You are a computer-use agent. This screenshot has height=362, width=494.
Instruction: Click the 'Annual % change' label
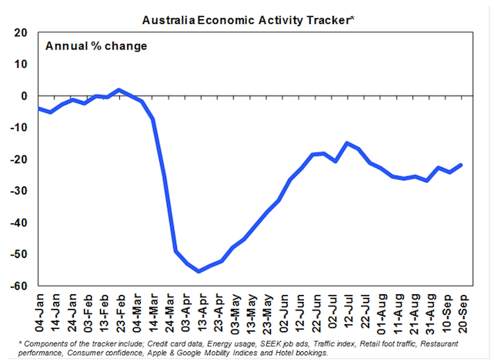(x=96, y=45)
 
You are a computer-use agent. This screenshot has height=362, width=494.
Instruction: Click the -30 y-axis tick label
(x=18, y=191)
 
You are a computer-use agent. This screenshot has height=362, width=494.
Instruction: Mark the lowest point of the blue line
(x=199, y=271)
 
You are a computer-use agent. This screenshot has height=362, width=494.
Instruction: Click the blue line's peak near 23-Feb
(x=118, y=90)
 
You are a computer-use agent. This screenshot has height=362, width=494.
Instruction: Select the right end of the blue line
(x=461, y=164)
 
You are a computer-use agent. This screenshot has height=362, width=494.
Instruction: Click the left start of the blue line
(x=38, y=109)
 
